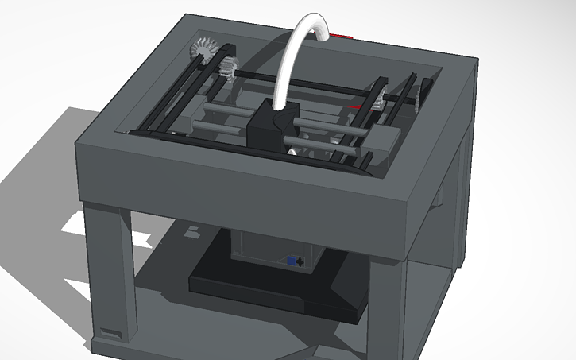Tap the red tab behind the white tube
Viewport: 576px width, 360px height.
[x=343, y=36]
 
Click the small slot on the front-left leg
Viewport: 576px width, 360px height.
[x=110, y=331]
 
